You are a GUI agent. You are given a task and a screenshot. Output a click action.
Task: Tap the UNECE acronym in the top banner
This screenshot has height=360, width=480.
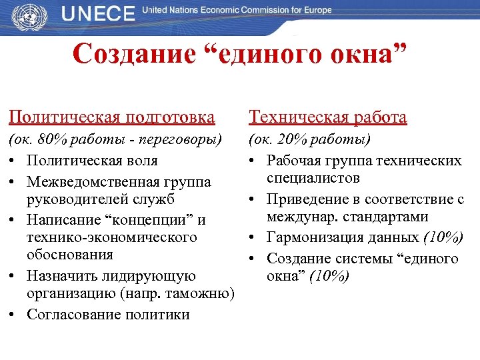(x=98, y=15)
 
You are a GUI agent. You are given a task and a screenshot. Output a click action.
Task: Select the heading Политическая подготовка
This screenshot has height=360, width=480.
(x=111, y=117)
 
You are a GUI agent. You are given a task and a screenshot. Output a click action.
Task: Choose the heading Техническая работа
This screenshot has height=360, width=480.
(x=327, y=117)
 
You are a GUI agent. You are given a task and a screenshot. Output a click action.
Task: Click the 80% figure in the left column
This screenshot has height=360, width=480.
(x=51, y=141)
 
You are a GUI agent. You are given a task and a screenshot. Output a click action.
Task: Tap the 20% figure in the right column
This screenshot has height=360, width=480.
(x=291, y=141)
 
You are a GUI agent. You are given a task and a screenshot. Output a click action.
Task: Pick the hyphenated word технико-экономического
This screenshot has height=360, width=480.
(x=112, y=237)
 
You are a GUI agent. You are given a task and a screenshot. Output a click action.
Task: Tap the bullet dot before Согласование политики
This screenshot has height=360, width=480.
(x=14, y=315)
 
